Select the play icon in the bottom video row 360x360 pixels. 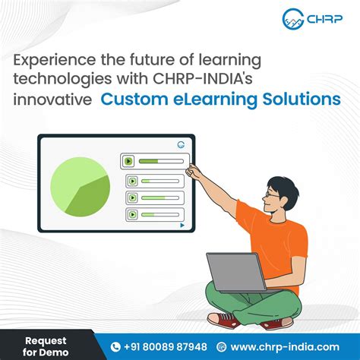tap(132, 215)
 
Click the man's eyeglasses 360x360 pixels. tap(273, 194)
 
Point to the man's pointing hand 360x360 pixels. tap(193, 171)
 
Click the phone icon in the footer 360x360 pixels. tap(115, 346)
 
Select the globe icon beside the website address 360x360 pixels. tap(224, 346)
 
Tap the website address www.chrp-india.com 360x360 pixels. tap(284, 346)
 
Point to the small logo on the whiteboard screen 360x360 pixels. tap(181, 144)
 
